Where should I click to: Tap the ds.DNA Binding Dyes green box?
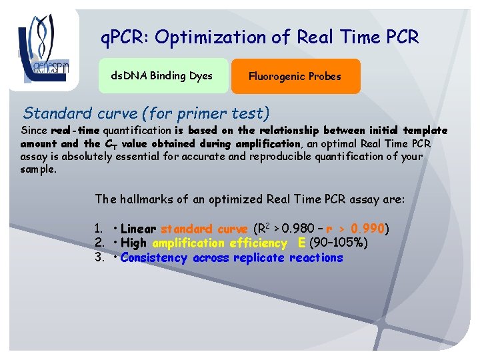[x=161, y=75]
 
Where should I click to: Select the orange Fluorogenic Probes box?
[x=295, y=76]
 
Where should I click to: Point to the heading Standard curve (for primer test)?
[x=147, y=113]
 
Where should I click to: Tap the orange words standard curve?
[x=204, y=229]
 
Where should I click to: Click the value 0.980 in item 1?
[x=295, y=229]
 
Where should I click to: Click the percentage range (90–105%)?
[x=339, y=243]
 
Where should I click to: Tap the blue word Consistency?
[x=155, y=257]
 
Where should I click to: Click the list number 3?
[x=98, y=257]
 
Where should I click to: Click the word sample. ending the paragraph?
[x=39, y=169]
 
